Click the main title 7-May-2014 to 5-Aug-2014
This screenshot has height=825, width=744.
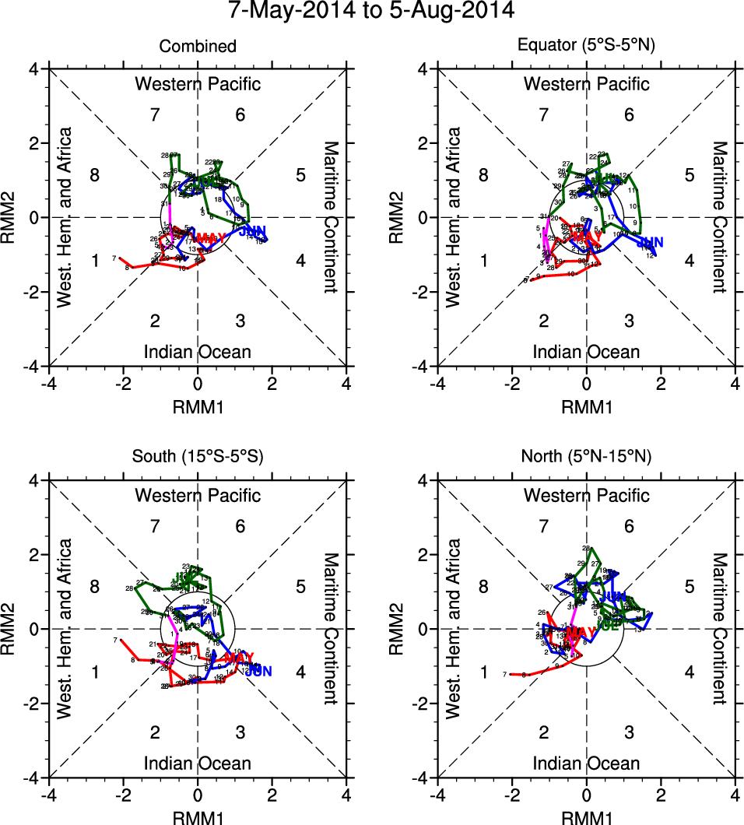(371, 12)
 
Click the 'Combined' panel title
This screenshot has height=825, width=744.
(198, 47)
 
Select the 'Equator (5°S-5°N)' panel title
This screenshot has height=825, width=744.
(587, 47)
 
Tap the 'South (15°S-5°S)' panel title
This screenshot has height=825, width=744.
(198, 458)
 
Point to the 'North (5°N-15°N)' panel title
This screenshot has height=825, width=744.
(587, 458)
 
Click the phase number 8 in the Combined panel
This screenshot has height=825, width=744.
(95, 174)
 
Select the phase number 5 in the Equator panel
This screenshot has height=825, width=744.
(689, 174)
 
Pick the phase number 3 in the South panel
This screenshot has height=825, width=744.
(240, 732)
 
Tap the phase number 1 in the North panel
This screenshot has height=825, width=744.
(484, 672)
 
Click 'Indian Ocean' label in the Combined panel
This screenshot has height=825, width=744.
(198, 352)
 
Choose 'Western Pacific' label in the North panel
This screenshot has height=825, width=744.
(587, 495)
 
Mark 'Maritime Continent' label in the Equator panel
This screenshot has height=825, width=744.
(720, 217)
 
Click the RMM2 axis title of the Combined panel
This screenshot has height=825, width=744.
(13, 217)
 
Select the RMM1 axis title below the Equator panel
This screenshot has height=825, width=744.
(587, 406)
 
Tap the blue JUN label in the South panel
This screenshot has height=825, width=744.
(258, 671)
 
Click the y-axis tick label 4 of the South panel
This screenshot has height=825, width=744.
(35, 480)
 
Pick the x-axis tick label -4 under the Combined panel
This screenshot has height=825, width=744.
(48, 384)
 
